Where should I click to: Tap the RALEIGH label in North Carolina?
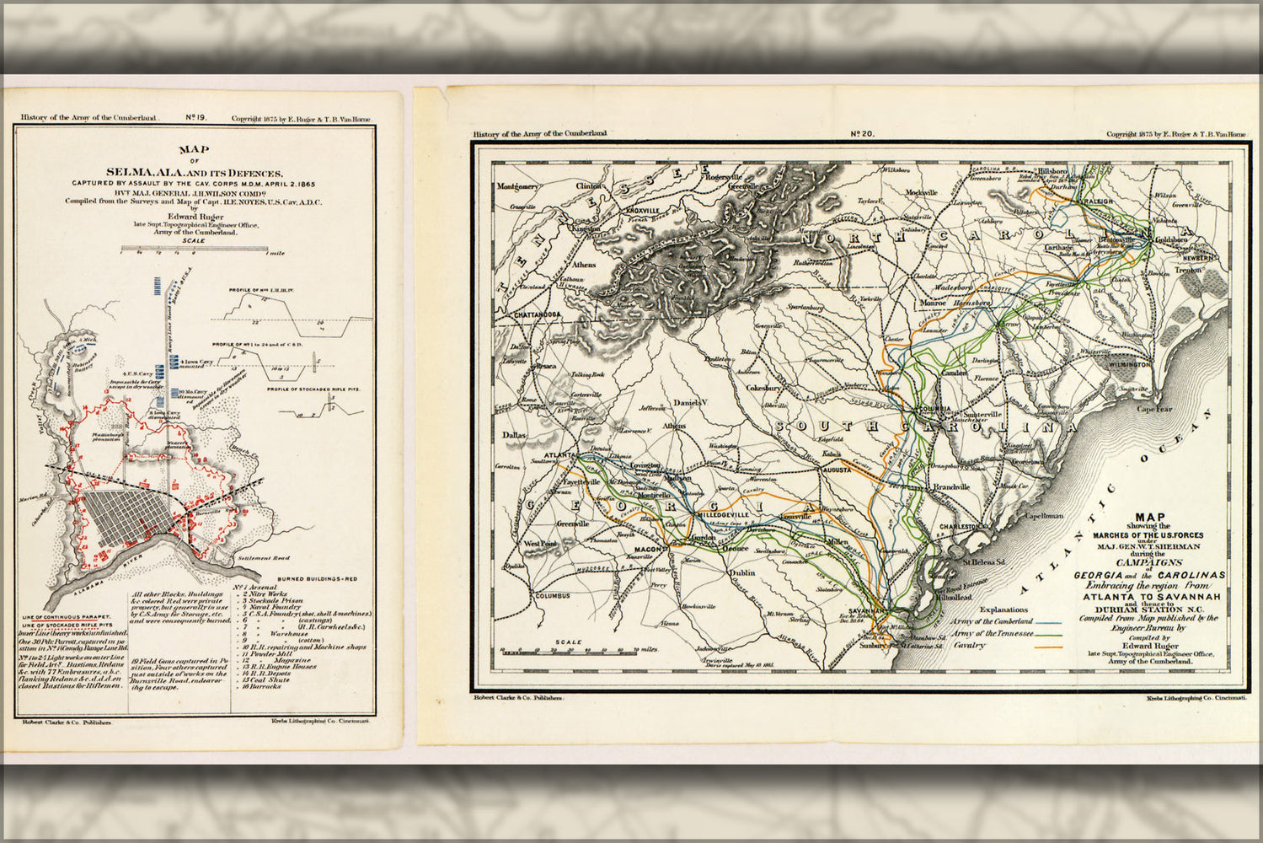coord(1098,202)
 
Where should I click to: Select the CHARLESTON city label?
coord(961,526)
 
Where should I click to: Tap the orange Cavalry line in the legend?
coord(1039,647)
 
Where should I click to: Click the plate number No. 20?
coord(861,133)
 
